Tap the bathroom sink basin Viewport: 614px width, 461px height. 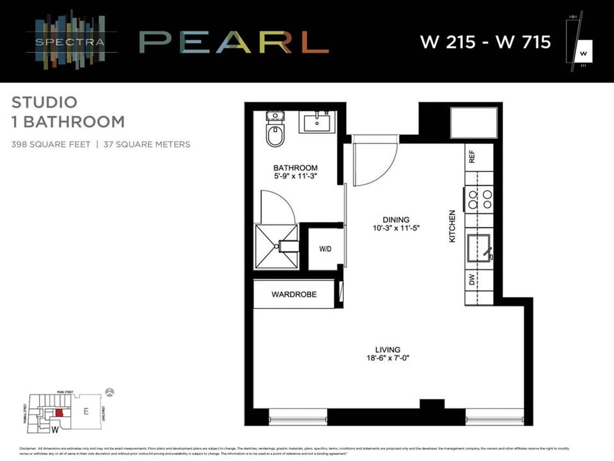coord(317,122)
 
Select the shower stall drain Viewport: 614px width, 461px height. coord(277,246)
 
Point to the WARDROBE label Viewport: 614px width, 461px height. coord(294,294)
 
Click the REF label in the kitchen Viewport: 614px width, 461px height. coord(472,157)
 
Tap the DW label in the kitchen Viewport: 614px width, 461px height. coord(472,281)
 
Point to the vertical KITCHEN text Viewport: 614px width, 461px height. coord(452,226)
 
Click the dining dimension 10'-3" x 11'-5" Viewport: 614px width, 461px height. coord(396,228)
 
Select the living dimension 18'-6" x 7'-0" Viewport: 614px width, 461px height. coord(388,358)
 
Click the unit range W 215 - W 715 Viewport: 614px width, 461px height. coord(485,42)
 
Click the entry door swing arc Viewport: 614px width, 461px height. coord(377,164)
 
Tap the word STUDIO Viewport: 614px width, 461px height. coord(44,102)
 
